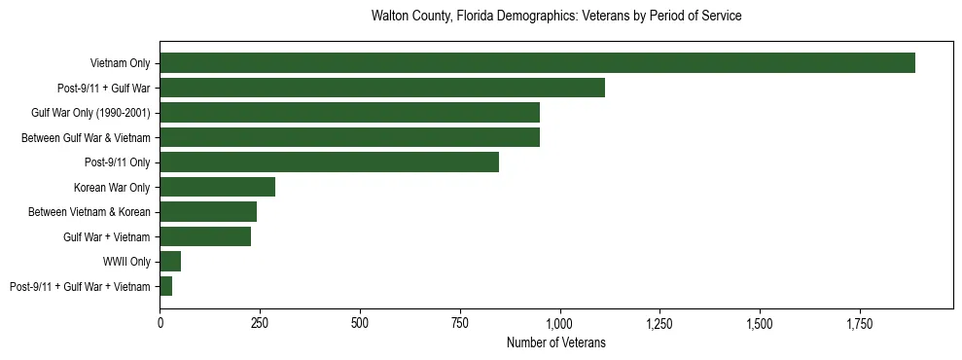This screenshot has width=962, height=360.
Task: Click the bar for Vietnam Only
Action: pos(537,63)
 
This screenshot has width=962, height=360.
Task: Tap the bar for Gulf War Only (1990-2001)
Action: pos(349,113)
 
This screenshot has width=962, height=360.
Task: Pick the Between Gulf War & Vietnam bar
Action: pos(349,137)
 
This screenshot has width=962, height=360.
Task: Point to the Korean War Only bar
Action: pos(217,187)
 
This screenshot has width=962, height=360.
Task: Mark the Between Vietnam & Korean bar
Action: pos(208,211)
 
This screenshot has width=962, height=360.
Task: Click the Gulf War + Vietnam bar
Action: pos(205,236)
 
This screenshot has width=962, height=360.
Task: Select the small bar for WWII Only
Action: pos(170,261)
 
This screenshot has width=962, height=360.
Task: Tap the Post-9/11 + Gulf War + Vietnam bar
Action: pos(166,286)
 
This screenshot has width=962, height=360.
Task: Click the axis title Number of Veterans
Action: pos(556,342)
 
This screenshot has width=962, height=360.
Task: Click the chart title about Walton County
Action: pos(556,17)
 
